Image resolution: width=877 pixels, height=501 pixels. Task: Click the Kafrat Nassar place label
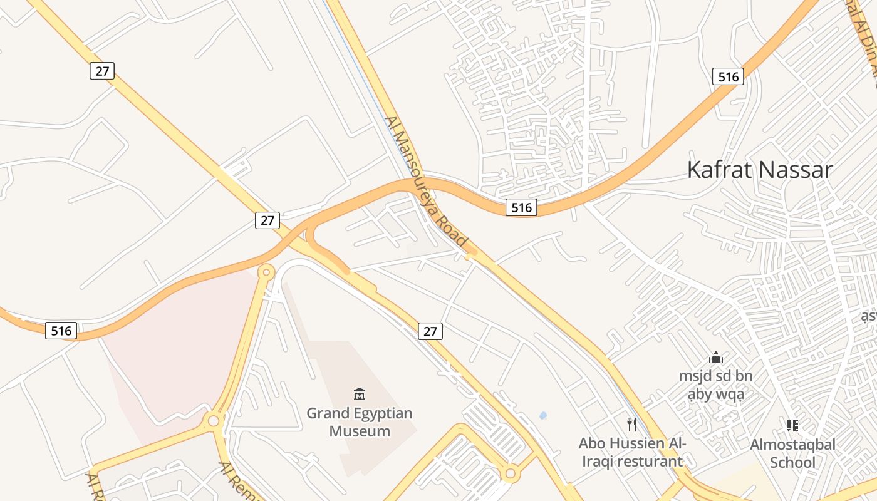pyautogui.click(x=759, y=170)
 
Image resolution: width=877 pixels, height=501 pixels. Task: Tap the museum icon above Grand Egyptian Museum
pyautogui.click(x=360, y=394)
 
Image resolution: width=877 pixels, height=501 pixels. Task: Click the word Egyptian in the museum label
pyautogui.click(x=382, y=413)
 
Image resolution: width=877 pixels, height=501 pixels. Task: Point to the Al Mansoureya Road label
pyautogui.click(x=426, y=181)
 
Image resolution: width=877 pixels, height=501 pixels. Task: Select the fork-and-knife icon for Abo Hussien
pyautogui.click(x=632, y=425)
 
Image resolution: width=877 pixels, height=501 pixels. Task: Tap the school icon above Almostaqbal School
pyautogui.click(x=792, y=426)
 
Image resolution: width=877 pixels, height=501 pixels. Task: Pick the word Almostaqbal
pyautogui.click(x=792, y=445)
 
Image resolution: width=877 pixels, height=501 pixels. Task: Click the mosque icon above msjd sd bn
pyautogui.click(x=715, y=358)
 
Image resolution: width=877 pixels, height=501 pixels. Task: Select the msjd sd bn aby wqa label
pyautogui.click(x=715, y=385)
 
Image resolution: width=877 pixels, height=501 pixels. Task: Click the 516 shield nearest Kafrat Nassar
pyautogui.click(x=728, y=76)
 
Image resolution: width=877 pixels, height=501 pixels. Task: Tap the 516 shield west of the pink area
pyautogui.click(x=61, y=330)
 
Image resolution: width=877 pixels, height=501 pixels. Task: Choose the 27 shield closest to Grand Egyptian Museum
pyautogui.click(x=430, y=331)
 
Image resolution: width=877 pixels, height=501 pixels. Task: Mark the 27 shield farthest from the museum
pyautogui.click(x=102, y=71)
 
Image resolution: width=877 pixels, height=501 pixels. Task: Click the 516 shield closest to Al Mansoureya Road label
pyautogui.click(x=521, y=207)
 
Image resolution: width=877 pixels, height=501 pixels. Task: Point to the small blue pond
pyautogui.click(x=542, y=415)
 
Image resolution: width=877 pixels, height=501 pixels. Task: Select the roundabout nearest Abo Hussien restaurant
pyautogui.click(x=510, y=473)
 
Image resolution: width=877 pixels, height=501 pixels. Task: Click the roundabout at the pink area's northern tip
pyautogui.click(x=267, y=272)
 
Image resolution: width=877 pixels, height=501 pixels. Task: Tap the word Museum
pyautogui.click(x=360, y=431)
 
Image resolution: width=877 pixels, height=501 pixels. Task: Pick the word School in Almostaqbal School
pyautogui.click(x=792, y=463)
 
